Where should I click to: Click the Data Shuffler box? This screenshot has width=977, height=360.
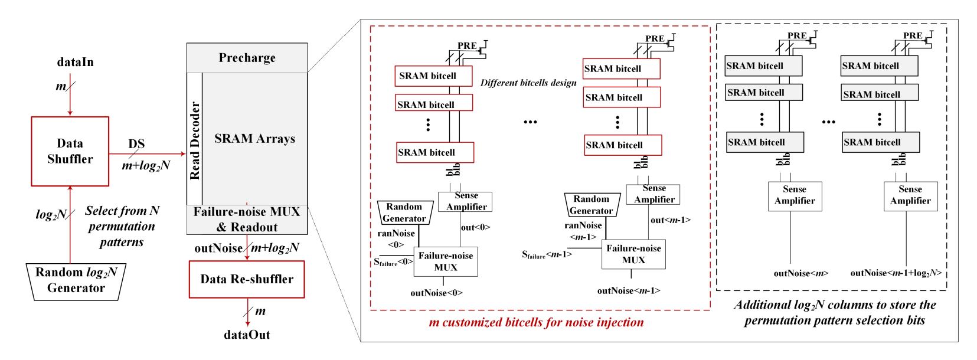click(70, 151)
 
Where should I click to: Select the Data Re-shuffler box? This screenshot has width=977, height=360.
click(247, 279)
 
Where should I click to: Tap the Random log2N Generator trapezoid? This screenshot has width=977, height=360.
click(76, 280)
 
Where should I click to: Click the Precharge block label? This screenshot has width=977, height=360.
click(247, 58)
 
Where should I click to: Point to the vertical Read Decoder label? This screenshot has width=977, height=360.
click(195, 140)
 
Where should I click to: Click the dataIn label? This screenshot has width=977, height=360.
click(75, 62)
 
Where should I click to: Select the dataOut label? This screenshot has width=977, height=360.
click(247, 335)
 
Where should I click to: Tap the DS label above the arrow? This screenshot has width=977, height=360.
click(136, 144)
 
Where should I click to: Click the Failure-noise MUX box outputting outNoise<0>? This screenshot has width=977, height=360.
click(446, 261)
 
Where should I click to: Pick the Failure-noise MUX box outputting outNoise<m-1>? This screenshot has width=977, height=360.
click(633, 254)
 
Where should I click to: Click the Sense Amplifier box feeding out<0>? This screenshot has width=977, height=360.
click(466, 201)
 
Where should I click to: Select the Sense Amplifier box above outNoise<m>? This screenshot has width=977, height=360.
click(795, 196)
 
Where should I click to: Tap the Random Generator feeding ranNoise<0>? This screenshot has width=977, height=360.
click(404, 212)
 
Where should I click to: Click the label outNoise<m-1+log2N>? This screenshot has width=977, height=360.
click(896, 273)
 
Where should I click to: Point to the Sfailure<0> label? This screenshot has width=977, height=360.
click(393, 262)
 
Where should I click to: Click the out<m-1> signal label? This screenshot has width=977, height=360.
click(670, 220)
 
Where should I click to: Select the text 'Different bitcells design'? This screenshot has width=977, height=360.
click(528, 83)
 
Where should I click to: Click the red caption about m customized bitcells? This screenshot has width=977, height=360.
click(536, 322)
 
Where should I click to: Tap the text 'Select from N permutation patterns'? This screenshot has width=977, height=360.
click(122, 226)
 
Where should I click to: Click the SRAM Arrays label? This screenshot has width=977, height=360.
click(254, 139)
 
